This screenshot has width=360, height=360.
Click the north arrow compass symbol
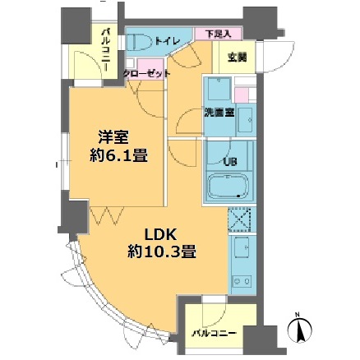301,331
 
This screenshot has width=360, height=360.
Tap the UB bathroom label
229,160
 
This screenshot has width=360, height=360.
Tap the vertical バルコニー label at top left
107,51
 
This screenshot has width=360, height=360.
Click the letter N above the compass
301,313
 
